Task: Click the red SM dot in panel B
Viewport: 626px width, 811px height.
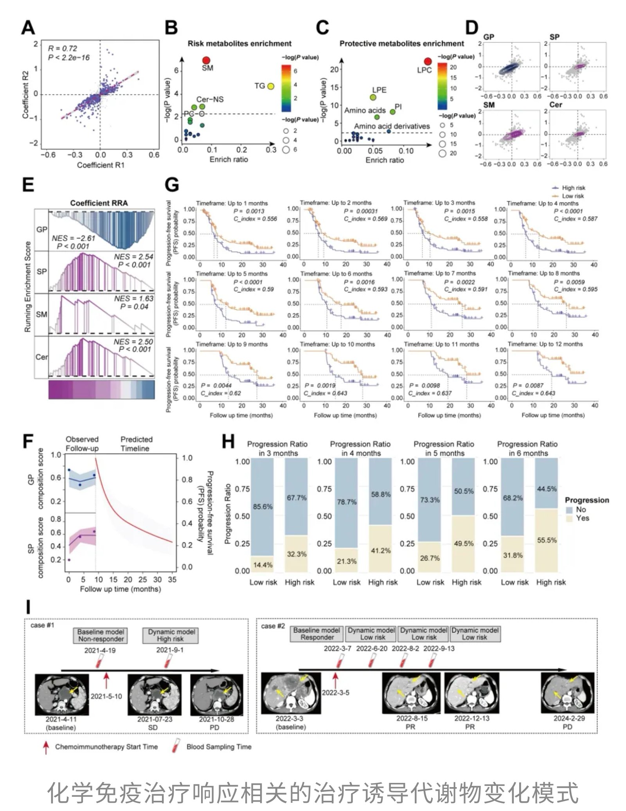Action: point(206,60)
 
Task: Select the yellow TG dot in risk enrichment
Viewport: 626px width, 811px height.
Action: point(270,87)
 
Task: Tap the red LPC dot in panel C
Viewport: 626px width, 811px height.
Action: point(428,61)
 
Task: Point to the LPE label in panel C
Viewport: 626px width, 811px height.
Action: point(379,90)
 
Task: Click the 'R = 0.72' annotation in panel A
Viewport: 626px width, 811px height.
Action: point(63,49)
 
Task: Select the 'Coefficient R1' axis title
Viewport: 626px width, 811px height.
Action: point(101,165)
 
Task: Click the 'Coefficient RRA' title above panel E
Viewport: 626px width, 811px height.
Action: point(99,203)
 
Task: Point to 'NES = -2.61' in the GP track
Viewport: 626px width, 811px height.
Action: point(74,238)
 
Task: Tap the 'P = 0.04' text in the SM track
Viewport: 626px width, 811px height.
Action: point(134,306)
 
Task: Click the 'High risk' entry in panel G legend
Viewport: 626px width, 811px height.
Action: point(573,188)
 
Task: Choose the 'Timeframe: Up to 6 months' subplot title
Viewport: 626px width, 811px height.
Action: point(336,274)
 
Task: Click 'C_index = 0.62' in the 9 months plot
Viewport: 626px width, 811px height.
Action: point(221,393)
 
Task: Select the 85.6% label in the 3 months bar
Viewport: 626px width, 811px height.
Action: point(263,506)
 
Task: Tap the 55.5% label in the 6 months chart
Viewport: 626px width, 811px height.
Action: point(547,540)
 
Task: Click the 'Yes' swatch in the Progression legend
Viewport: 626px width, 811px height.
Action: point(569,518)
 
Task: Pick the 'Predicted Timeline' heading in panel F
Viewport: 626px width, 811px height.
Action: point(136,444)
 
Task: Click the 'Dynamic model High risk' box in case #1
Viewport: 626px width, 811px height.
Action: point(171,635)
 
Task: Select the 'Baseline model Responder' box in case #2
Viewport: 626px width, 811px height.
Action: point(317,634)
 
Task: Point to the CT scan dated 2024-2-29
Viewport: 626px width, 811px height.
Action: point(567,693)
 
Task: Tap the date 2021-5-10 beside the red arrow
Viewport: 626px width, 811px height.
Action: point(106,696)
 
